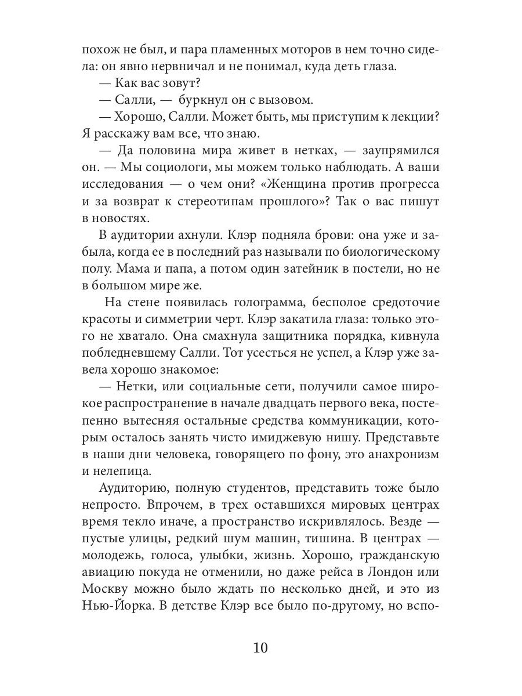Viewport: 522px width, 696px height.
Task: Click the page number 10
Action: point(260,647)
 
